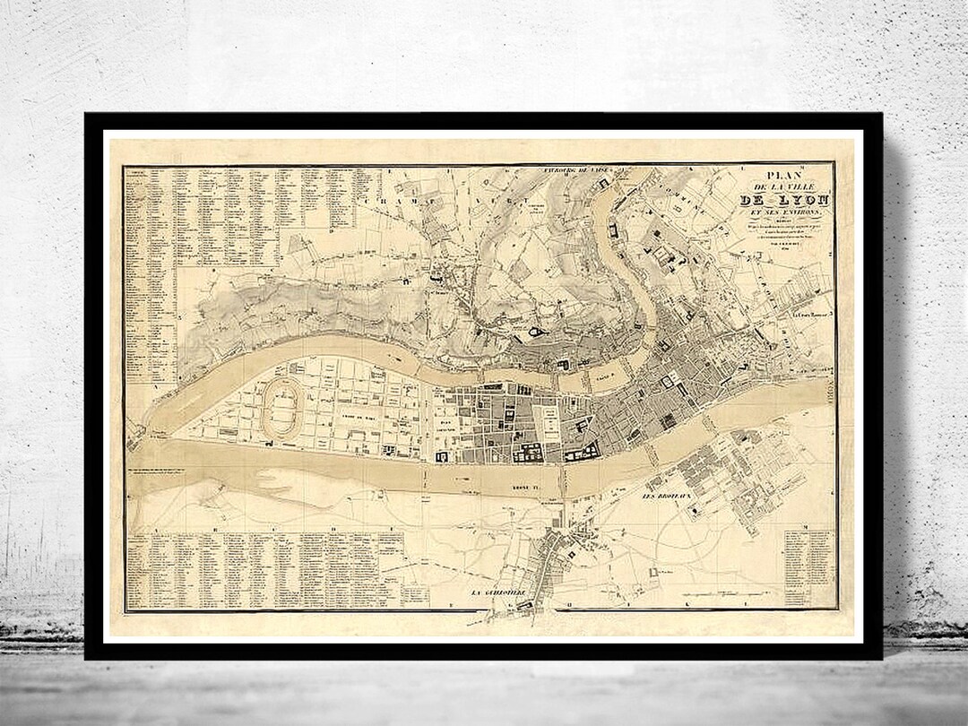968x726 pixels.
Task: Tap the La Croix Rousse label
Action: [810, 316]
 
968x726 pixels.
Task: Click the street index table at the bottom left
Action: [264, 569]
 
